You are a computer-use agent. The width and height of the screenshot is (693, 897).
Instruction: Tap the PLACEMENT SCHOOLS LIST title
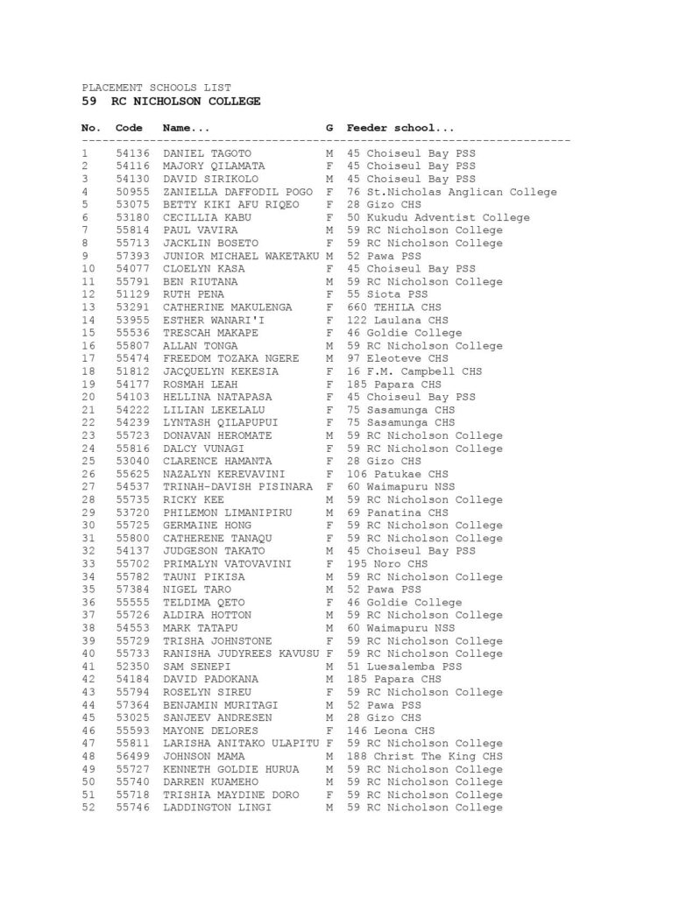tap(157, 88)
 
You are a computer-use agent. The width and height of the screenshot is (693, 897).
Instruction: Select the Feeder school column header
tap(400, 128)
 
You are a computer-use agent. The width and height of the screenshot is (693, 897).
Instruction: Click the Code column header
tap(129, 128)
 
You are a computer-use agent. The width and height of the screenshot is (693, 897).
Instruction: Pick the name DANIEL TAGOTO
tap(208, 153)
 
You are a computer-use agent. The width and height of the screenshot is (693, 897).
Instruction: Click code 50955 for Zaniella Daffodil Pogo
tap(132, 192)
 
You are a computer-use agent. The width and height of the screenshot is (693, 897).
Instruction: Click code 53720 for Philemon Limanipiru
tap(132, 512)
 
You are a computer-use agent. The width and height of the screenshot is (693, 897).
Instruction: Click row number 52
tap(88, 807)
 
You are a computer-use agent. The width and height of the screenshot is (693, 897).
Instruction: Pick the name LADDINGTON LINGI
tap(217, 807)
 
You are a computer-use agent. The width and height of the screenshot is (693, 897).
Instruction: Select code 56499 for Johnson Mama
tap(132, 756)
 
